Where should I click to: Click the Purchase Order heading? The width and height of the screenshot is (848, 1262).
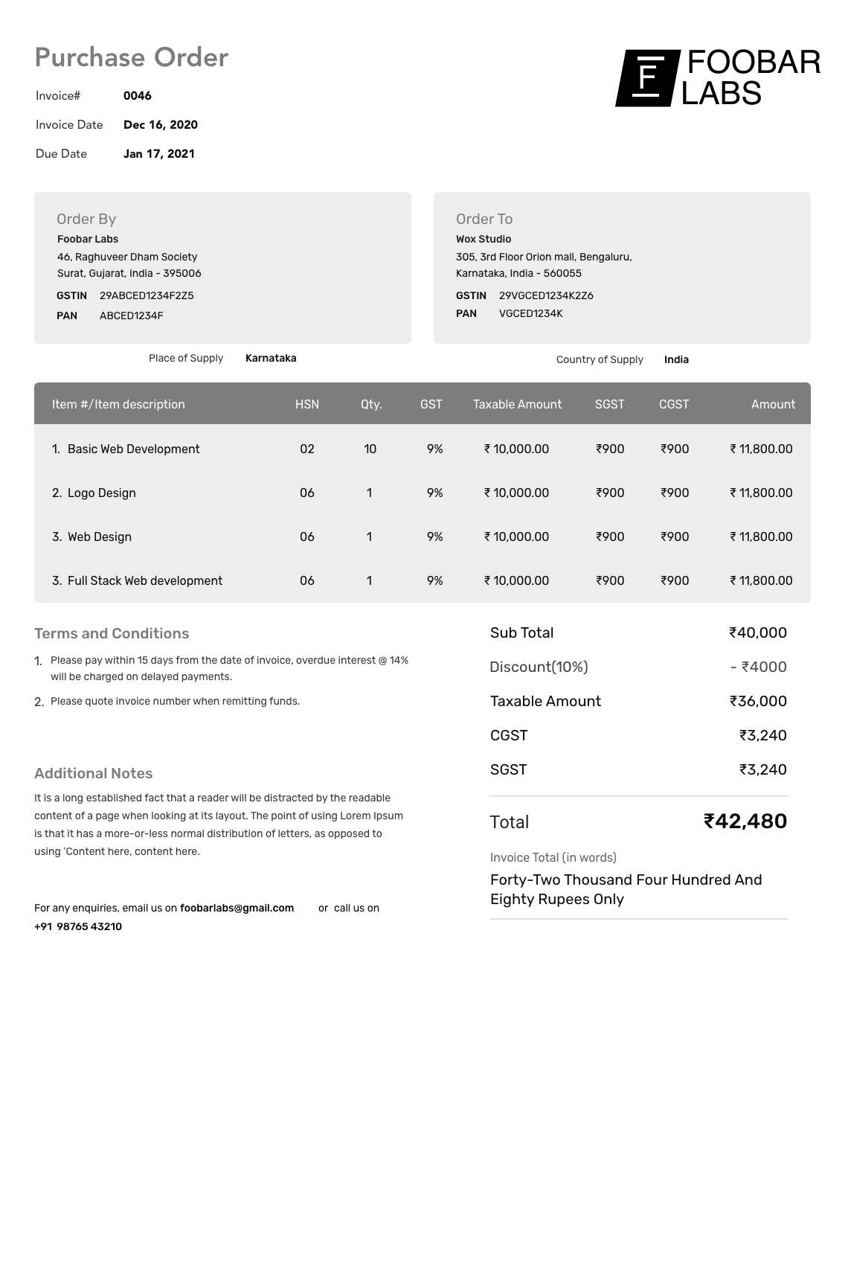(131, 57)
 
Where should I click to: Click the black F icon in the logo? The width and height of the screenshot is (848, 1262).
(647, 78)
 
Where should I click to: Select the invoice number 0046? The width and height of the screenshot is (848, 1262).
(137, 96)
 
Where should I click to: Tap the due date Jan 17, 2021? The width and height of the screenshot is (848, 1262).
(158, 154)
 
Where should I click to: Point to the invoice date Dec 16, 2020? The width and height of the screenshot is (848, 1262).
(160, 125)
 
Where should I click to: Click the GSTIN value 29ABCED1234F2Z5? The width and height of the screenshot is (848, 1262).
(147, 295)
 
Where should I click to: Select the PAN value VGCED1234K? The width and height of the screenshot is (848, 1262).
(530, 313)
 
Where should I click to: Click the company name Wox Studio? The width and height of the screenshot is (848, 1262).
(483, 239)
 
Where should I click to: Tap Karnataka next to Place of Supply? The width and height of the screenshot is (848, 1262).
(271, 358)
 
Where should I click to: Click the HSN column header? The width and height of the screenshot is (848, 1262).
(306, 404)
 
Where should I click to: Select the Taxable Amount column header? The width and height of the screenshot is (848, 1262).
(517, 404)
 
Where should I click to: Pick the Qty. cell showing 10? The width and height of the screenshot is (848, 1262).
(370, 449)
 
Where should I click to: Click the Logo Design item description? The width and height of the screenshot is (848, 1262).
(101, 493)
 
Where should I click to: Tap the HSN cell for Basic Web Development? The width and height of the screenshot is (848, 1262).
(306, 449)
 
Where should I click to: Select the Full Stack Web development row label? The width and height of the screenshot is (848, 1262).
(144, 580)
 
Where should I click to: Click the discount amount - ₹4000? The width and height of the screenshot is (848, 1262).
(758, 667)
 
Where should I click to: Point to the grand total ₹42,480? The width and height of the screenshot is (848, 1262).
(745, 821)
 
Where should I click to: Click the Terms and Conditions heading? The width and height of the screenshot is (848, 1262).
(112, 633)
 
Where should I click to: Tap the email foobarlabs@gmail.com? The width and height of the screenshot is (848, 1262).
(237, 908)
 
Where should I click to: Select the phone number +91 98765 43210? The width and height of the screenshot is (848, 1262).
(78, 926)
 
